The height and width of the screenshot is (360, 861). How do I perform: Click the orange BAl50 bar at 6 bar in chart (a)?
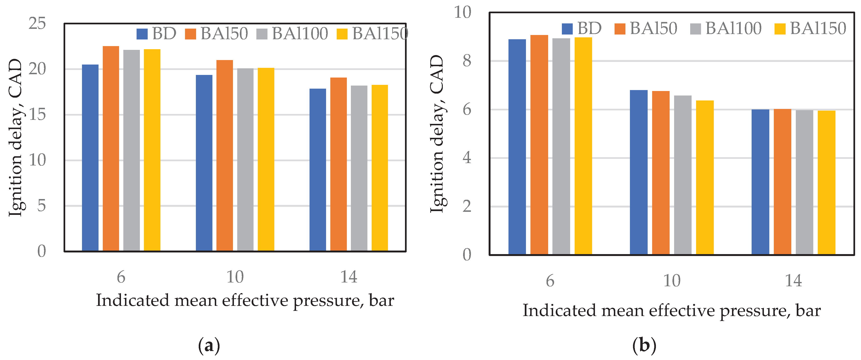click(111, 148)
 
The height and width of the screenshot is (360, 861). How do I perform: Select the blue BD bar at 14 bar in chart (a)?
click(318, 169)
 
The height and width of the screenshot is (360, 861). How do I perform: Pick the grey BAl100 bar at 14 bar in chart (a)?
click(359, 168)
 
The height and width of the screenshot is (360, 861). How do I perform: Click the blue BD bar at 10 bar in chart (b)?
click(638, 172)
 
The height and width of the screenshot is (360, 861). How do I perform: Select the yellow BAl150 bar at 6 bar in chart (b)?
click(583, 146)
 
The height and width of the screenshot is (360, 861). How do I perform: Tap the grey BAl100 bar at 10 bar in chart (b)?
click(683, 175)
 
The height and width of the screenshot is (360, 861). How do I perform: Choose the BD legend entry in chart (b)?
click(581, 28)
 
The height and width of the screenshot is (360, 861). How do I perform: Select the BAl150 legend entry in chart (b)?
click(810, 28)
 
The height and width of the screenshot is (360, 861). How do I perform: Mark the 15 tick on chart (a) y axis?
click(37, 115)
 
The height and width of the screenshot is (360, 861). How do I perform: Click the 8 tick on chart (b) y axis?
click(467, 61)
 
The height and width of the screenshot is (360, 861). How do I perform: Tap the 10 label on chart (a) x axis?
click(235, 277)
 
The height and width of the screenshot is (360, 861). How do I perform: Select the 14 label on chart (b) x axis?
click(793, 281)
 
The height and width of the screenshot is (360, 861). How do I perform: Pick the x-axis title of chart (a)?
click(245, 300)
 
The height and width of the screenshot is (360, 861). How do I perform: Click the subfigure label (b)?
click(644, 346)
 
